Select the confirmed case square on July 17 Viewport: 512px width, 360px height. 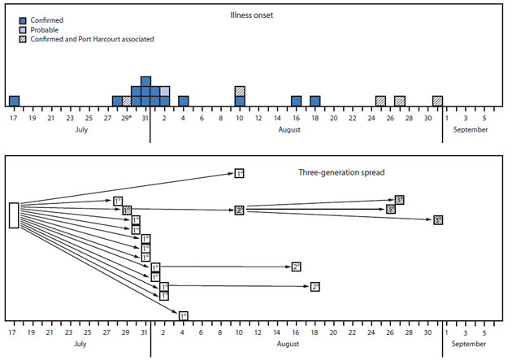tap(14, 101)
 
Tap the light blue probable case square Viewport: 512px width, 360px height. tap(164, 91)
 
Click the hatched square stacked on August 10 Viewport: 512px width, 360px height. tap(240, 91)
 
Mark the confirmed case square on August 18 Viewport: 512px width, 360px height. tap(315, 101)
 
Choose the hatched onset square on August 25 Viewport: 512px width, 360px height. tap(380, 101)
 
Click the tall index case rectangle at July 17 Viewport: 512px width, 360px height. tap(14, 215)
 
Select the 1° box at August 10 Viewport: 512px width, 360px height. tap(239, 173)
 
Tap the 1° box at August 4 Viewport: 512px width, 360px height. tap(183, 315)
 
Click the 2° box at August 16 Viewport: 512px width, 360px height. tap(297, 267)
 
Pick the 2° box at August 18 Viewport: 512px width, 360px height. tap(315, 286)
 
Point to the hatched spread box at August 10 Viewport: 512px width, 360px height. tap(239, 210)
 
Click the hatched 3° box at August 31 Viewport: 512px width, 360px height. tap(438, 219)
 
